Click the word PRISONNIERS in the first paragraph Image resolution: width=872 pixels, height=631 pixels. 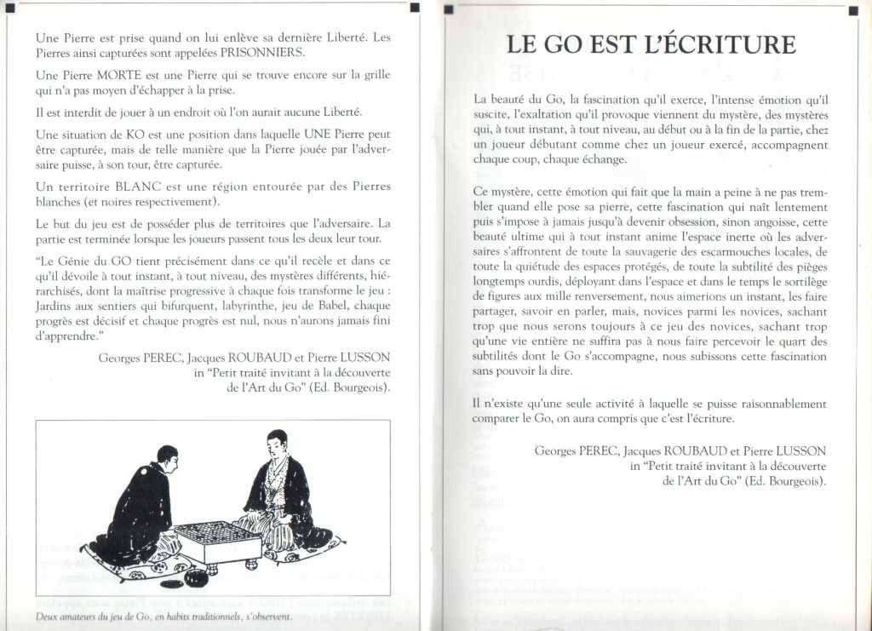(262, 52)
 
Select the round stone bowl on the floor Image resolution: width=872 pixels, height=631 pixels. (197, 578)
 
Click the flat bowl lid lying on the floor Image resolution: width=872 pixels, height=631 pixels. (171, 584)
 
